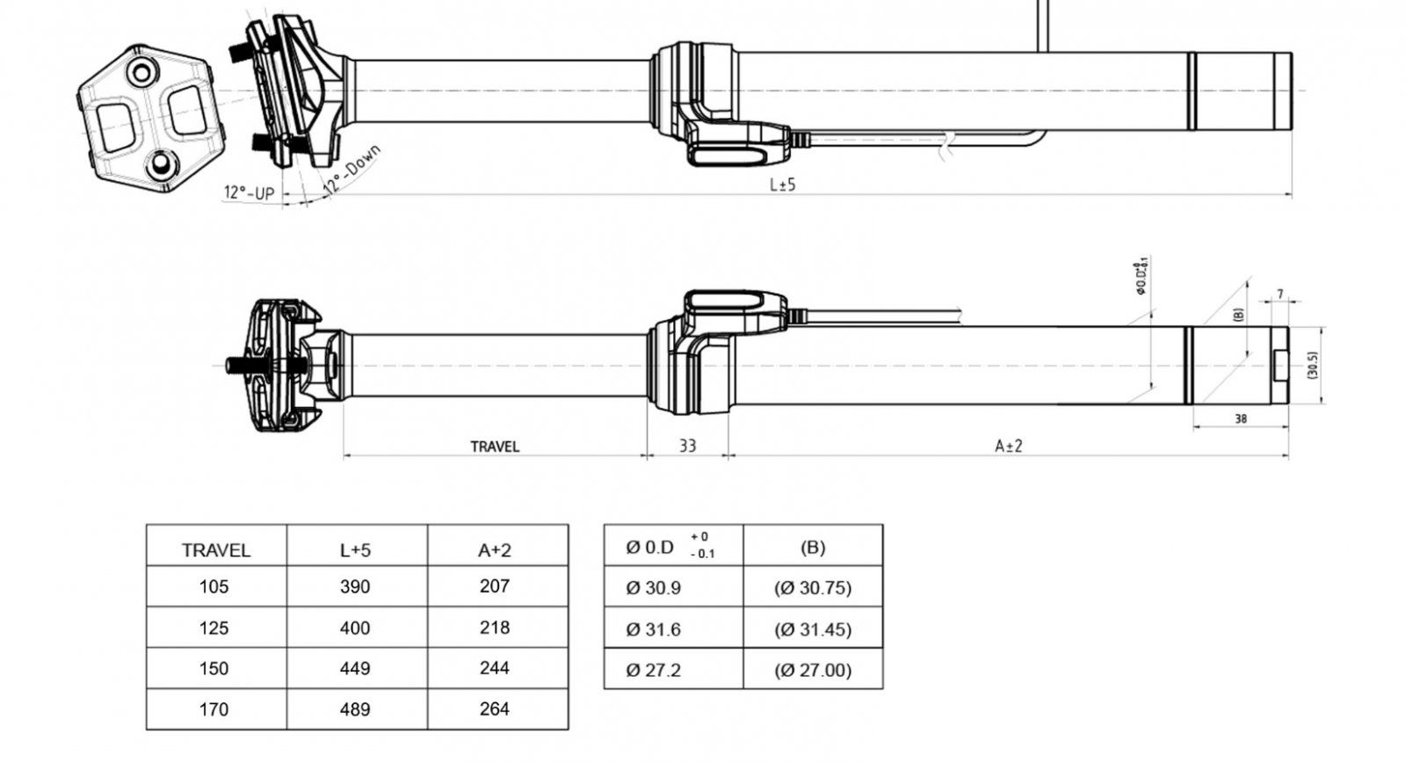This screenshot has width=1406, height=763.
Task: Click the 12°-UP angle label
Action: pos(249,193)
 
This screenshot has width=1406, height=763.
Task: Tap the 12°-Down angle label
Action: pos(351,171)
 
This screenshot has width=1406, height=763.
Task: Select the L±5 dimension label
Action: pos(782,185)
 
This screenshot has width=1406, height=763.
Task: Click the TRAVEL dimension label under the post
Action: pos(495,447)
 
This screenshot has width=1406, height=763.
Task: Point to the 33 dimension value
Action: pos(687,446)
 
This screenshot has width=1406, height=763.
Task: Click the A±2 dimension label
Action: pos(1008,446)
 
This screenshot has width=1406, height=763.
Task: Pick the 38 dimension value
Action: pos(1241,419)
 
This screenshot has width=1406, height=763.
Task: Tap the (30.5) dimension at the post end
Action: pos(1312,366)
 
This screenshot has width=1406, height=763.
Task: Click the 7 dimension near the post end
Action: pos(1280,294)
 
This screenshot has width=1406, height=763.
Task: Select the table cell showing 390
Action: pos(355,586)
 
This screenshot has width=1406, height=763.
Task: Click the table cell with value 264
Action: pos(495,708)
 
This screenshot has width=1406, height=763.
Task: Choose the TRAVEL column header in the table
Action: pos(216,550)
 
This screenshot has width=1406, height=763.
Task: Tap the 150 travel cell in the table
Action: pos(214,668)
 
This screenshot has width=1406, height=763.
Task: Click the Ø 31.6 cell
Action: pos(653,629)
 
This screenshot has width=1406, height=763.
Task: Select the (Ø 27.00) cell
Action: pos(813,670)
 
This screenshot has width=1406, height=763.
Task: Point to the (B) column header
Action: pos(813,547)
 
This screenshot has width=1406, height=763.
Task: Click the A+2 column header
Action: pos(495,550)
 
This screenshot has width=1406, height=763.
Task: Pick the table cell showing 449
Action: pos(355,668)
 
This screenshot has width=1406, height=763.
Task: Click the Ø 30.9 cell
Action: pos(653,588)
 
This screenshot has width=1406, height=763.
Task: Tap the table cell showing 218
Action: pos(495,628)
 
